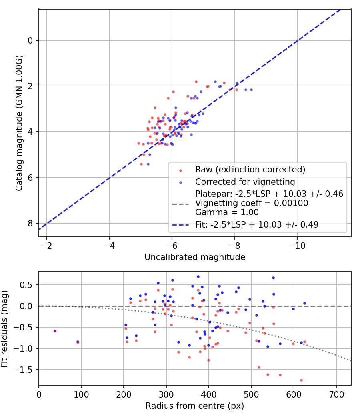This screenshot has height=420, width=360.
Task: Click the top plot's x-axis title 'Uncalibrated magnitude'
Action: tap(195, 257)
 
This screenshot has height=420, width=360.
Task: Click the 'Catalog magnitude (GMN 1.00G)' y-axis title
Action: tap(19, 123)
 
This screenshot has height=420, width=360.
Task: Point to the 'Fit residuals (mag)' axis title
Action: tap(4, 329)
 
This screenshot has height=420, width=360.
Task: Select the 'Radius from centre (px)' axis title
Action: tap(195, 406)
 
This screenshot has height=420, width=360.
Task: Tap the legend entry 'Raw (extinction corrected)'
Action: tap(250, 170)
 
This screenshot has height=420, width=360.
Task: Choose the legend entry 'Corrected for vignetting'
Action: tap(245, 182)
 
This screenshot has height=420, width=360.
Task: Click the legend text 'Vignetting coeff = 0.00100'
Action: tap(252, 203)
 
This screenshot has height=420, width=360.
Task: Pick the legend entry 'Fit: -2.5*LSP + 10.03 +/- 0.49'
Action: tap(257, 224)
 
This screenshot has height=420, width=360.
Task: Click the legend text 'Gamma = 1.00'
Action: tap(227, 212)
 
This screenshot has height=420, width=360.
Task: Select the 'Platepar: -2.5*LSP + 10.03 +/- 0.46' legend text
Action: tap(269, 194)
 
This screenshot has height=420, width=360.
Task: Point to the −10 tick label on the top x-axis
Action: tap(297, 246)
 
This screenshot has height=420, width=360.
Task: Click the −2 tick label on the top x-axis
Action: tap(46, 246)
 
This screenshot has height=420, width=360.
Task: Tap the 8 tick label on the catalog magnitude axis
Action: tap(30, 223)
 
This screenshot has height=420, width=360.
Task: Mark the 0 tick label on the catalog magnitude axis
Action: tap(30, 41)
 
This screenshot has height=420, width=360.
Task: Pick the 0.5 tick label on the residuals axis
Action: tap(26, 285)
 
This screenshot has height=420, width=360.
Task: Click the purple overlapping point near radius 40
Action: tap(55, 331)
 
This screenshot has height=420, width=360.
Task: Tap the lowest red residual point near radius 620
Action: tap(301, 380)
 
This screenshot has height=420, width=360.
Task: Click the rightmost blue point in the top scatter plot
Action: tap(251, 90)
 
